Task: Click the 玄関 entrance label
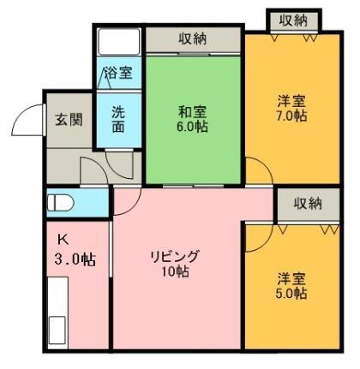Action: pos(69,119)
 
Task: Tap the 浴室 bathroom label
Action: pos(118,74)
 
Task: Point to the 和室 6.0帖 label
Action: pos(193,118)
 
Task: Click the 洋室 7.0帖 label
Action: pos(291,109)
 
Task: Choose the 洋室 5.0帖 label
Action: pos(291,286)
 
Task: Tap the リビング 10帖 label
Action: pos(175,264)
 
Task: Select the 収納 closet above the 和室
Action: pos(192,39)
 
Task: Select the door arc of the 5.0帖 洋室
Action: pos(256,240)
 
